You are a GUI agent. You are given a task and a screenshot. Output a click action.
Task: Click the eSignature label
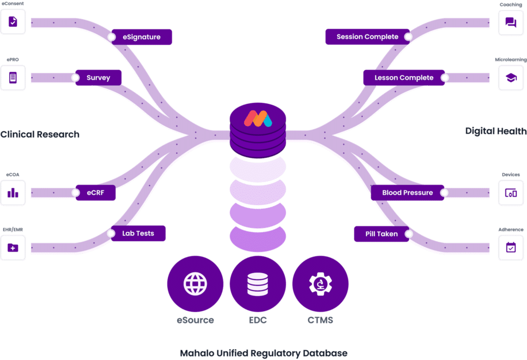[142, 37]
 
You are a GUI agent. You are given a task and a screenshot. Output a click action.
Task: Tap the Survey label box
[98, 78]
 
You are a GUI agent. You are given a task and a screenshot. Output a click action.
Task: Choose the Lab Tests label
[138, 233]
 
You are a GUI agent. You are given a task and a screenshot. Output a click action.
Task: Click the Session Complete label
[367, 37]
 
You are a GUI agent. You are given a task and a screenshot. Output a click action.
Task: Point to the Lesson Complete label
[404, 78]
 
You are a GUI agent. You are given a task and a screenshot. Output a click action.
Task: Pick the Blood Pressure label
[408, 193]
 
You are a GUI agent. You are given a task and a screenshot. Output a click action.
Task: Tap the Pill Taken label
[382, 234]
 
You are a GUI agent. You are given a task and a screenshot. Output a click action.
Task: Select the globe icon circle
[196, 283]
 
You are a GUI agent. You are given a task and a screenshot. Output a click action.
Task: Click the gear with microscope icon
[320, 283]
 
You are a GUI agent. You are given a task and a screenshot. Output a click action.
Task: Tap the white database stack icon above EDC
[258, 283]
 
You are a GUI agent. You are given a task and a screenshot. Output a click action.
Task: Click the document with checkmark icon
[13, 22]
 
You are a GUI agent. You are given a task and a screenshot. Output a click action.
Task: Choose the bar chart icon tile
[13, 193]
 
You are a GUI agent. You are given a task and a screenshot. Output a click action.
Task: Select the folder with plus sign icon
[13, 247]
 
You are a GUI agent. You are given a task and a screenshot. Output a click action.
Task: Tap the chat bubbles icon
[511, 22]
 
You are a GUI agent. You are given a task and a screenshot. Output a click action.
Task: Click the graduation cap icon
[511, 78]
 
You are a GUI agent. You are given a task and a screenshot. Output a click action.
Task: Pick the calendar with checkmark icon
[511, 247]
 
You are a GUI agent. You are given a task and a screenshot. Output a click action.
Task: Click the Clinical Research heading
[40, 135]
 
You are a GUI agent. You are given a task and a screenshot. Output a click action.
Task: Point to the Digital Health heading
[496, 131]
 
